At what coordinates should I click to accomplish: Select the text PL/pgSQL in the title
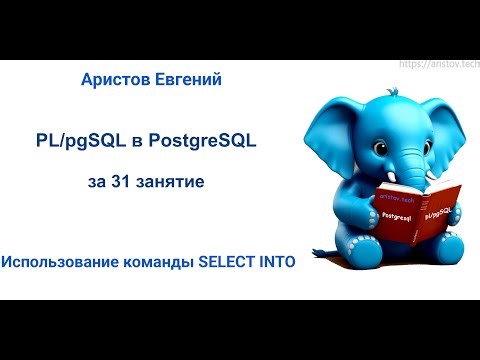click(77, 142)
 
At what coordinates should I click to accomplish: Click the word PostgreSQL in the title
click(202, 142)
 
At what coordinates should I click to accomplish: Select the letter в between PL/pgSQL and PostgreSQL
click(134, 142)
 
